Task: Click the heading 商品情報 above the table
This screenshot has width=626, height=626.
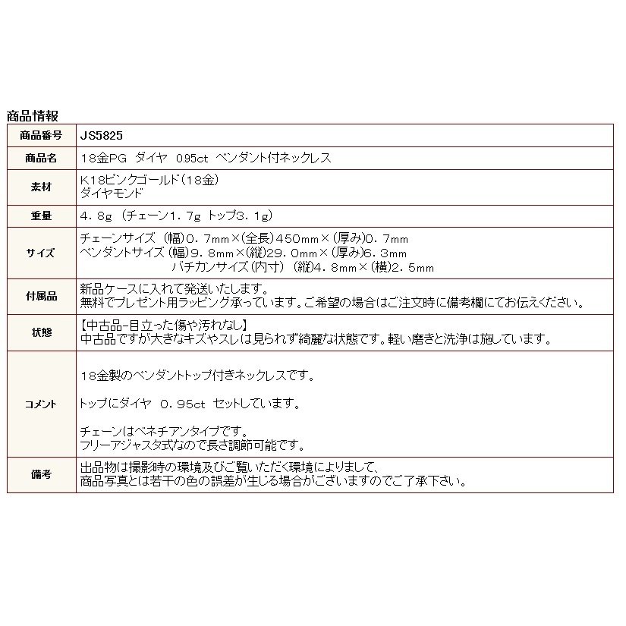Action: click(32, 116)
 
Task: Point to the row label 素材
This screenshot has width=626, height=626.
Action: click(42, 187)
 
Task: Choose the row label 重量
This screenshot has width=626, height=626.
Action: click(42, 215)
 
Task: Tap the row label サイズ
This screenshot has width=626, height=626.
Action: click(42, 252)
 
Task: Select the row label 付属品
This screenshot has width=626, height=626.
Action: click(42, 296)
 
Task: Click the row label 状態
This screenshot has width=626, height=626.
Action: click(42, 332)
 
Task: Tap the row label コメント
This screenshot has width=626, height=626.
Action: click(42, 404)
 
